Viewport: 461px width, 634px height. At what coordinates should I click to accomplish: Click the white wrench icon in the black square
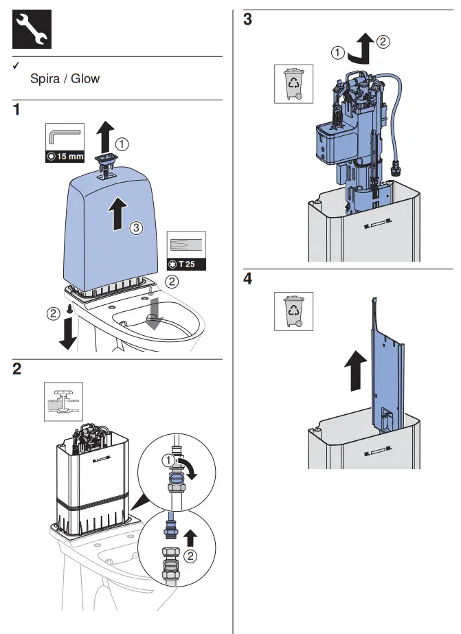click(x=32, y=30)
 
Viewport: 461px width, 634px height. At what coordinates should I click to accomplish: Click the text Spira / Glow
click(x=65, y=78)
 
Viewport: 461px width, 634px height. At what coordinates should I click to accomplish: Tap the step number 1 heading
click(x=18, y=110)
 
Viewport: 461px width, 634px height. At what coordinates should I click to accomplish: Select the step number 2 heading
click(x=18, y=369)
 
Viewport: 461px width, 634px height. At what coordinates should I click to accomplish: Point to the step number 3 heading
click(x=248, y=20)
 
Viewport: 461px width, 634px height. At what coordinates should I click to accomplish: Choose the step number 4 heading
click(x=248, y=279)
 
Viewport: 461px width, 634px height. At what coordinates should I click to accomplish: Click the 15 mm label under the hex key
click(x=65, y=156)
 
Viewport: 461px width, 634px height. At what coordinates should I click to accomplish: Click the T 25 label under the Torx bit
click(x=187, y=264)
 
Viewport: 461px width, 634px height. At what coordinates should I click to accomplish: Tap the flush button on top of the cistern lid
click(x=106, y=159)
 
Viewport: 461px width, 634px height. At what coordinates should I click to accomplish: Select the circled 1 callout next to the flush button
click(x=122, y=144)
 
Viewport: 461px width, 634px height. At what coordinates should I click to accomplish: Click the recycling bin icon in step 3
click(x=293, y=84)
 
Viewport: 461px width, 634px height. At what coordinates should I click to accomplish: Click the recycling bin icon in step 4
click(x=293, y=310)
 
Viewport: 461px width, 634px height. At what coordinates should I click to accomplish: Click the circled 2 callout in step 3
click(x=383, y=41)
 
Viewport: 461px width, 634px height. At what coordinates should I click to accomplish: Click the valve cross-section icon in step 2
click(x=63, y=400)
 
